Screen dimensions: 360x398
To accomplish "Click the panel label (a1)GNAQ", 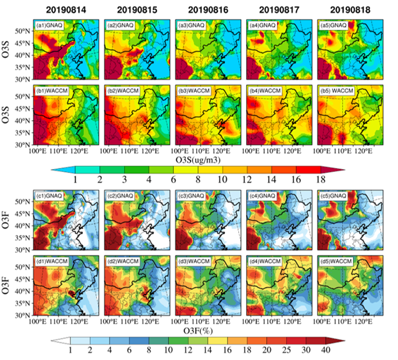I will point(49,26).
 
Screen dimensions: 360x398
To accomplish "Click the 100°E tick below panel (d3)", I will point(181,322).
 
